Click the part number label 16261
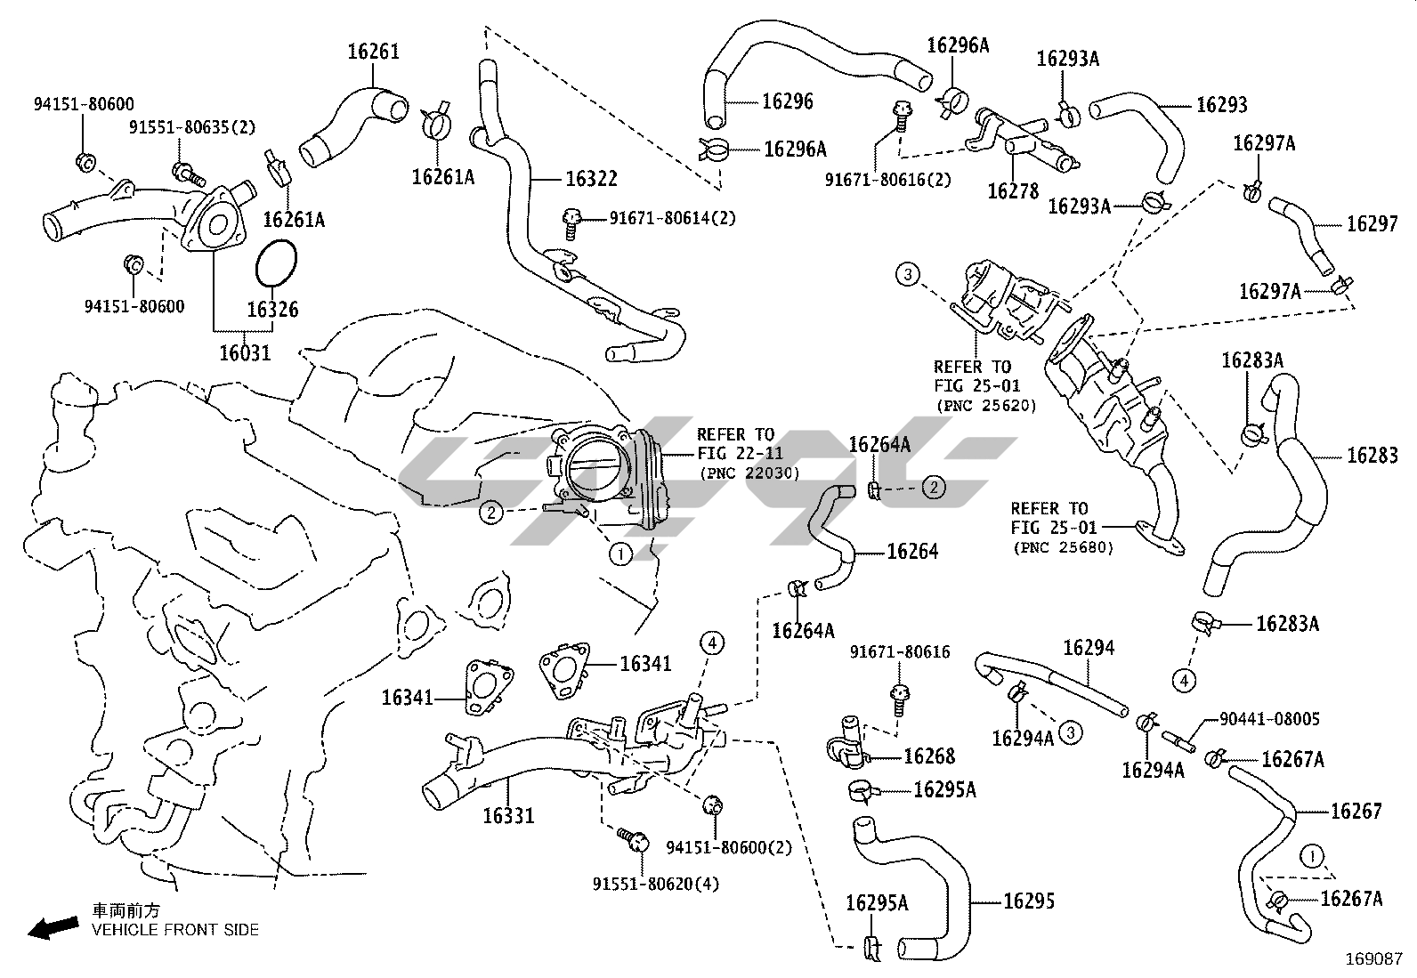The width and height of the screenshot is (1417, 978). [373, 52]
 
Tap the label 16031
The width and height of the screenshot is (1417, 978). [245, 353]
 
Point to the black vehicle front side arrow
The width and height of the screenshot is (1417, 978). [52, 928]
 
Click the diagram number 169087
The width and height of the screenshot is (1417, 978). [1374, 958]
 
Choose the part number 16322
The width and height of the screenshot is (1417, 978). [591, 179]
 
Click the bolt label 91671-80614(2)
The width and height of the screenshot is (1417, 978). [673, 217]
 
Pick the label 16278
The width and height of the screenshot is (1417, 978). [1013, 191]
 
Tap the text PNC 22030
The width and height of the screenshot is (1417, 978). [749, 473]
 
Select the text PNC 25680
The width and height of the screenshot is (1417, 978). [1063, 547]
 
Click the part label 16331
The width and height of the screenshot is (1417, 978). [509, 814]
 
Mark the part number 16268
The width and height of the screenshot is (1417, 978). [928, 756]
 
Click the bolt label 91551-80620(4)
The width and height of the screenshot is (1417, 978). [656, 884]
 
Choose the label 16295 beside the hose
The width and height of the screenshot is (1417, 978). [1028, 901]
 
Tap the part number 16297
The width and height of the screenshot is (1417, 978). [1372, 223]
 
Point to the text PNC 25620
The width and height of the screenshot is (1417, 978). [986, 406]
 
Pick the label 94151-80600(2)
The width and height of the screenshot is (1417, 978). [728, 847]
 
